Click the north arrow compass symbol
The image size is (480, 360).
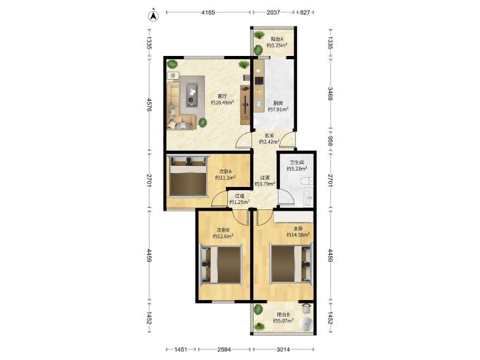click(153, 16)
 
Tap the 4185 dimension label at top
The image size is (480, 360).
click(208, 13)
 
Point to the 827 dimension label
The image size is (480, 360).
click(305, 13)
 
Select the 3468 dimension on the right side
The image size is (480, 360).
click(331, 93)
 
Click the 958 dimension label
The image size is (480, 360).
click(331, 141)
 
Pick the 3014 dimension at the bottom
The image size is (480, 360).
click(283, 349)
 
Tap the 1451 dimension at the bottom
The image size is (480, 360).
click(180, 349)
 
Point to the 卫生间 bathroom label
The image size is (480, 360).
click(297, 163)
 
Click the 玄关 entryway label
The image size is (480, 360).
click(269, 136)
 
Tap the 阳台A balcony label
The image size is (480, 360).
click(277, 39)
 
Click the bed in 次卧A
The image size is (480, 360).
click(188, 176)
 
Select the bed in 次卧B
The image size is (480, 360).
click(221, 265)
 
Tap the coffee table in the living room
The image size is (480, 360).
click(192, 95)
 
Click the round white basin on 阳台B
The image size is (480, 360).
click(305, 324)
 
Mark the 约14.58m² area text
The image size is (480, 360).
click(298, 235)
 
